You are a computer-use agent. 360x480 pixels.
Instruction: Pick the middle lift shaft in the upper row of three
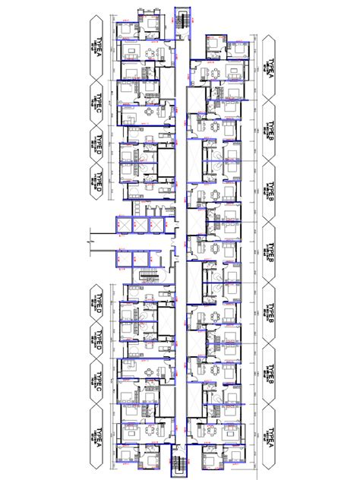(x=140, y=226)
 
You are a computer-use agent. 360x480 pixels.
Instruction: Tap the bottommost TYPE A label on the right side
(x=269, y=441)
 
